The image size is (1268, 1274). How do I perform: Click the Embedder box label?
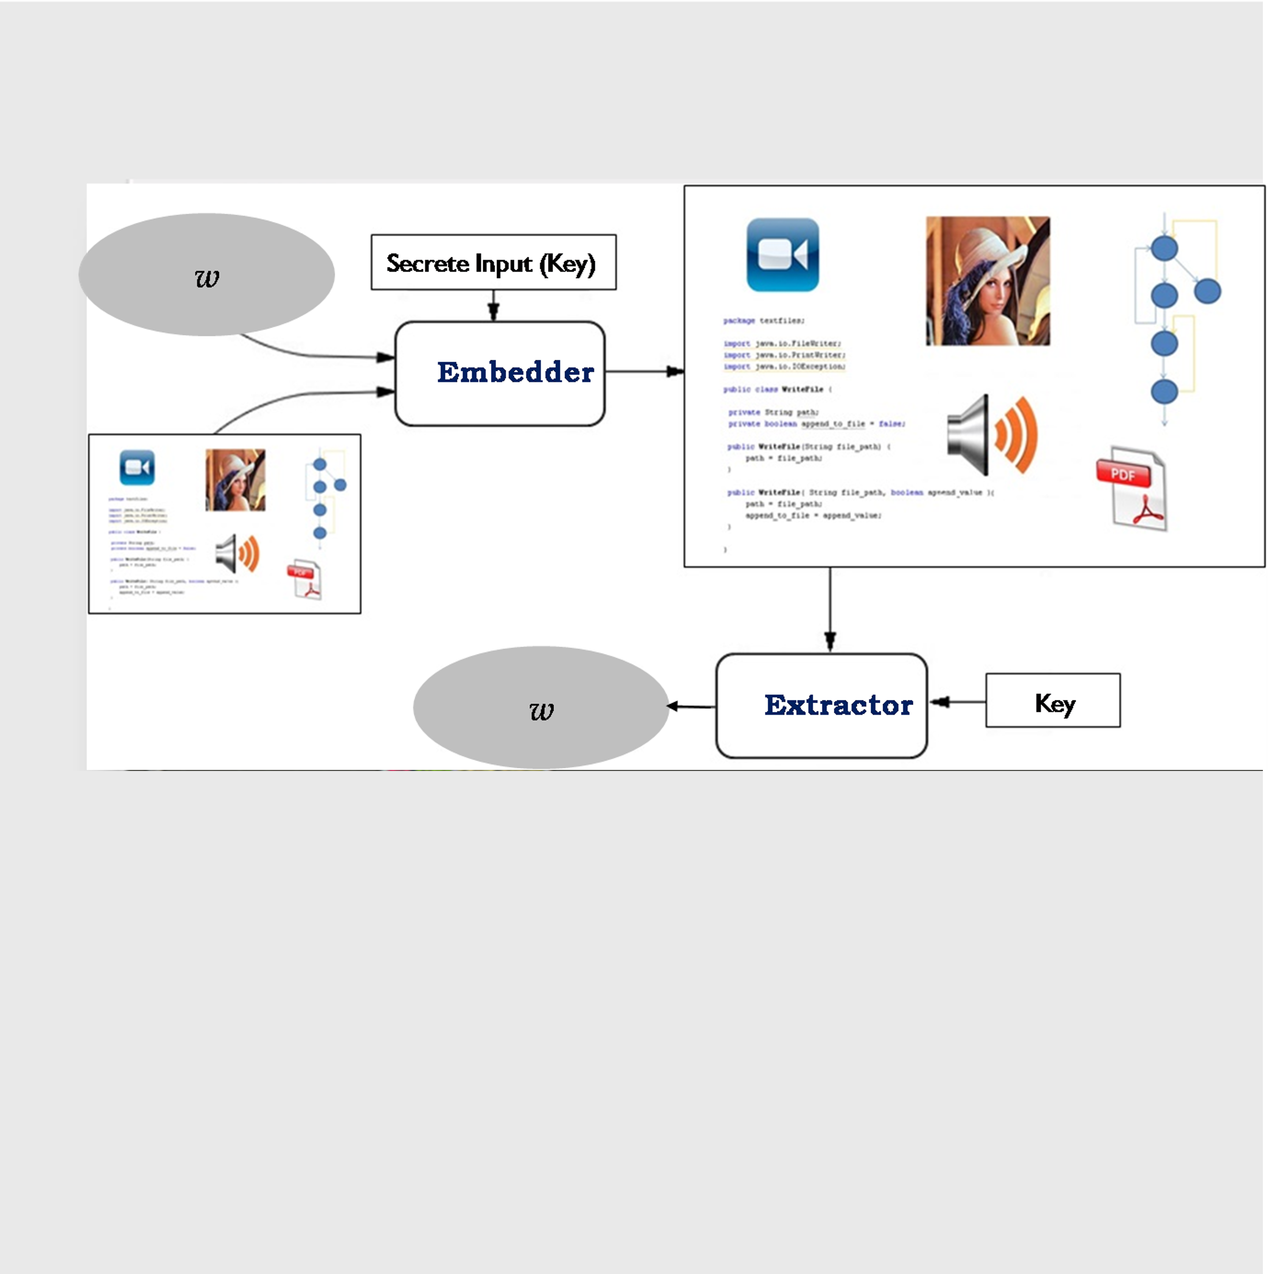(x=515, y=372)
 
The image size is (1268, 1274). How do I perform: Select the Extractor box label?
(x=838, y=706)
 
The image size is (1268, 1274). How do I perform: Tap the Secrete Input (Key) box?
(x=493, y=262)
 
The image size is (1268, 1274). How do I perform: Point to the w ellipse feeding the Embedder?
(x=206, y=274)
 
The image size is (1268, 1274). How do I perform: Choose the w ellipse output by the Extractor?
(x=541, y=708)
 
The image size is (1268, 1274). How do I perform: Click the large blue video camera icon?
(x=783, y=255)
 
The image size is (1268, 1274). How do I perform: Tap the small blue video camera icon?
(x=137, y=467)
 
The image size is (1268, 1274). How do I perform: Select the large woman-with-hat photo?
(x=987, y=281)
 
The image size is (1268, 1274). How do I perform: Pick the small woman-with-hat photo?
(x=235, y=480)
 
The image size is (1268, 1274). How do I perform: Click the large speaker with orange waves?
(x=992, y=435)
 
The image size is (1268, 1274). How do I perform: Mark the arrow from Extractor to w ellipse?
(x=691, y=706)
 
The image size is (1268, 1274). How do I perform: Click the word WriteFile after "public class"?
(x=803, y=390)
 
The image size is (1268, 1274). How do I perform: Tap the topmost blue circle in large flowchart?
(x=1164, y=248)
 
